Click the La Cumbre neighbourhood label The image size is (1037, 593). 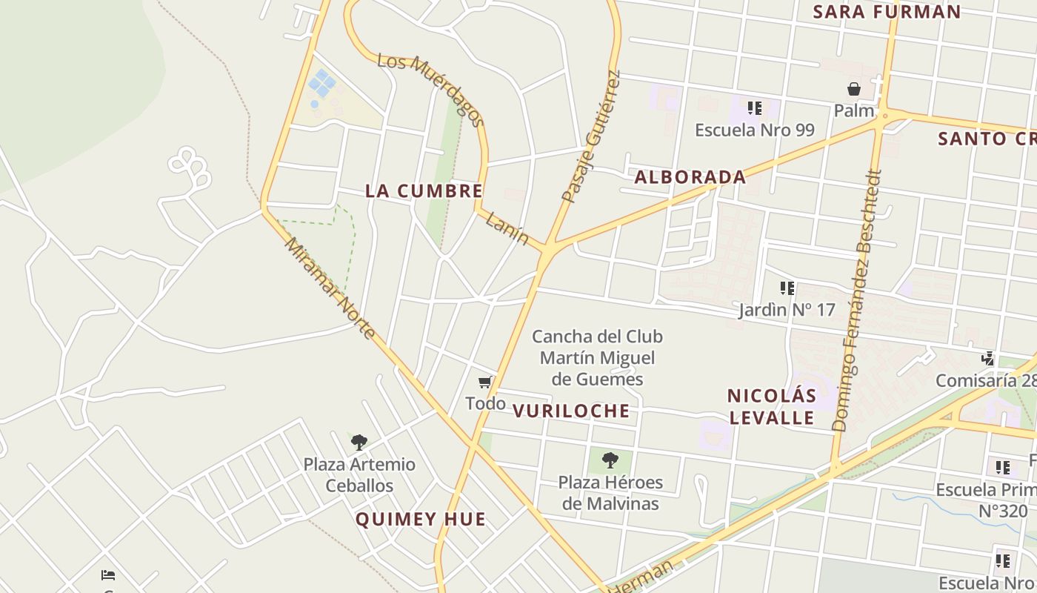[424, 191]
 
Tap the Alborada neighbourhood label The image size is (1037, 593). [690, 177]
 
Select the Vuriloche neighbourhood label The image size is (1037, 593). [571, 411]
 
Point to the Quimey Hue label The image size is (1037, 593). [421, 519]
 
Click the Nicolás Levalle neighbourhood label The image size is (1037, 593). [771, 406]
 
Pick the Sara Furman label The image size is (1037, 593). [887, 12]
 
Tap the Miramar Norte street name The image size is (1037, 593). [330, 288]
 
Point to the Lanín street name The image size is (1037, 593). [507, 227]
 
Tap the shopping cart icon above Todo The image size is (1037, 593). [485, 382]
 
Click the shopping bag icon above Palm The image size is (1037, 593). [854, 90]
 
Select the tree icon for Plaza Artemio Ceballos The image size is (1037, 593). [359, 443]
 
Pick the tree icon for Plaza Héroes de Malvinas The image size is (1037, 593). [610, 460]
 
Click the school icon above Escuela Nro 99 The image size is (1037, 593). [755, 108]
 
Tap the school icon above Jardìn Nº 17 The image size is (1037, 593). [787, 288]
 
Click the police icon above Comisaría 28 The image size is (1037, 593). [988, 359]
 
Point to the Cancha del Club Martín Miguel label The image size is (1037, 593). [597, 358]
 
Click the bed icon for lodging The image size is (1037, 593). [108, 574]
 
